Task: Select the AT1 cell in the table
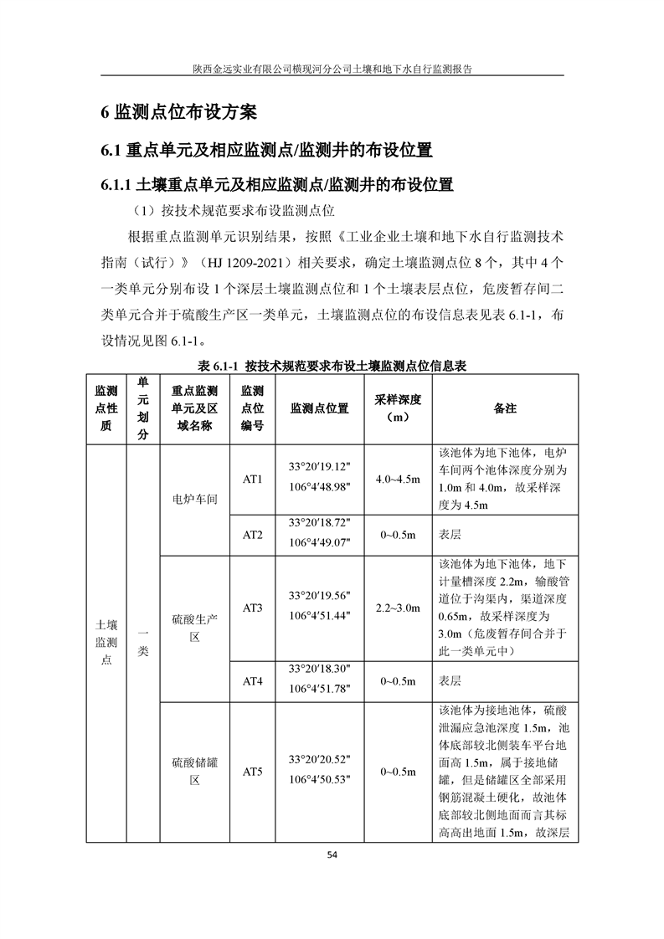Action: click(253, 480)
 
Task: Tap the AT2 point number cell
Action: click(253, 535)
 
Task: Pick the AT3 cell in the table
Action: click(253, 608)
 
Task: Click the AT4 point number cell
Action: click(253, 681)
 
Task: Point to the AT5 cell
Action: click(253, 772)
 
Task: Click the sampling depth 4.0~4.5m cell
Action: click(398, 480)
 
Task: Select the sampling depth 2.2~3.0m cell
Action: click(398, 608)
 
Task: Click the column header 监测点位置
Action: click(319, 408)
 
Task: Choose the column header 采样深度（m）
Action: click(398, 408)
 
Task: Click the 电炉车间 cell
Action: click(194, 500)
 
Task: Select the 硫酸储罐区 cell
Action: click(194, 772)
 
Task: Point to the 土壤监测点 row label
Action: click(106, 642)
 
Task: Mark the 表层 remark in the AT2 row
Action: click(450, 535)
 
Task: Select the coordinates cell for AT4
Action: click(319, 680)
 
